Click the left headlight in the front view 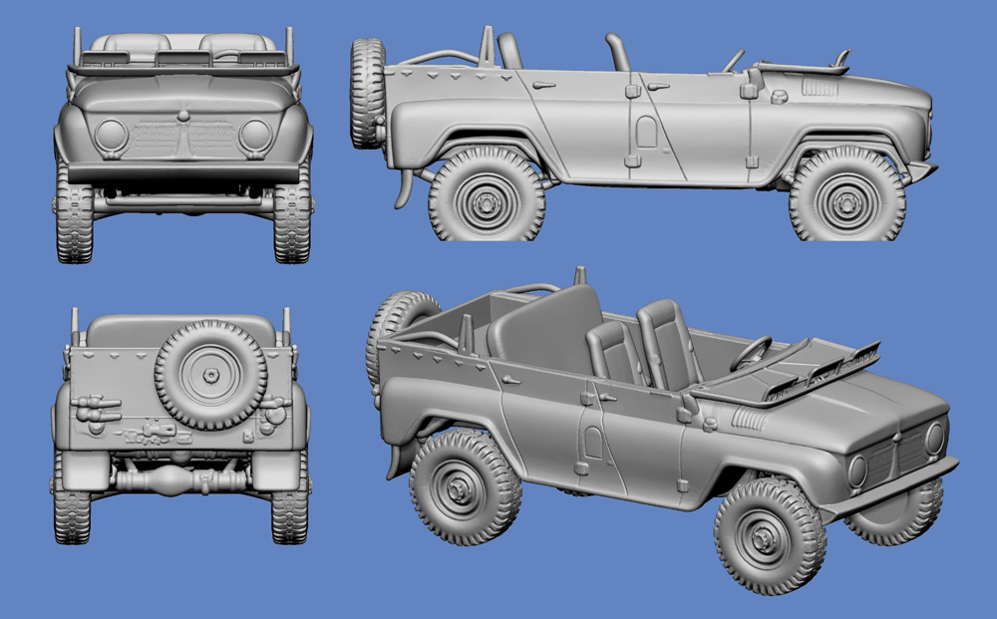click(111, 135)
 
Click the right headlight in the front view click(255, 135)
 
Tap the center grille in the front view click(182, 139)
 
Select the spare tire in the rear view click(211, 375)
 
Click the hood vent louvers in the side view click(820, 88)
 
